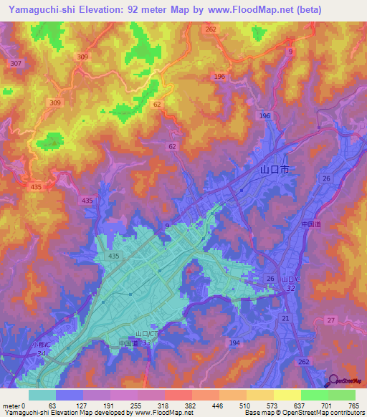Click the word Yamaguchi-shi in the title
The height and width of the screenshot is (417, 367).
pyautogui.click(x=39, y=9)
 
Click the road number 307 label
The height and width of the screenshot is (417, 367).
pyautogui.click(x=16, y=64)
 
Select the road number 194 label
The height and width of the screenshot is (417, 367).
pyautogui.click(x=234, y=344)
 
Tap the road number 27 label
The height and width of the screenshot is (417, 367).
pyautogui.click(x=330, y=320)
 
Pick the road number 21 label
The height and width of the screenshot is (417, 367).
pyautogui.click(x=285, y=318)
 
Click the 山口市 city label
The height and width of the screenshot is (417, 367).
pyautogui.click(x=275, y=171)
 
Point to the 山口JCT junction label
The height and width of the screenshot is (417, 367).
pyautogui.click(x=148, y=334)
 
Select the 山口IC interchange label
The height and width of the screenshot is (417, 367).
pyautogui.click(x=290, y=279)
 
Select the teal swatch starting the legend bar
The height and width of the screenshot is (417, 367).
pyautogui.click(x=42, y=395)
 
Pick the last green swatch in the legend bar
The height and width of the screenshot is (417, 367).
pyautogui.click(x=341, y=395)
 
